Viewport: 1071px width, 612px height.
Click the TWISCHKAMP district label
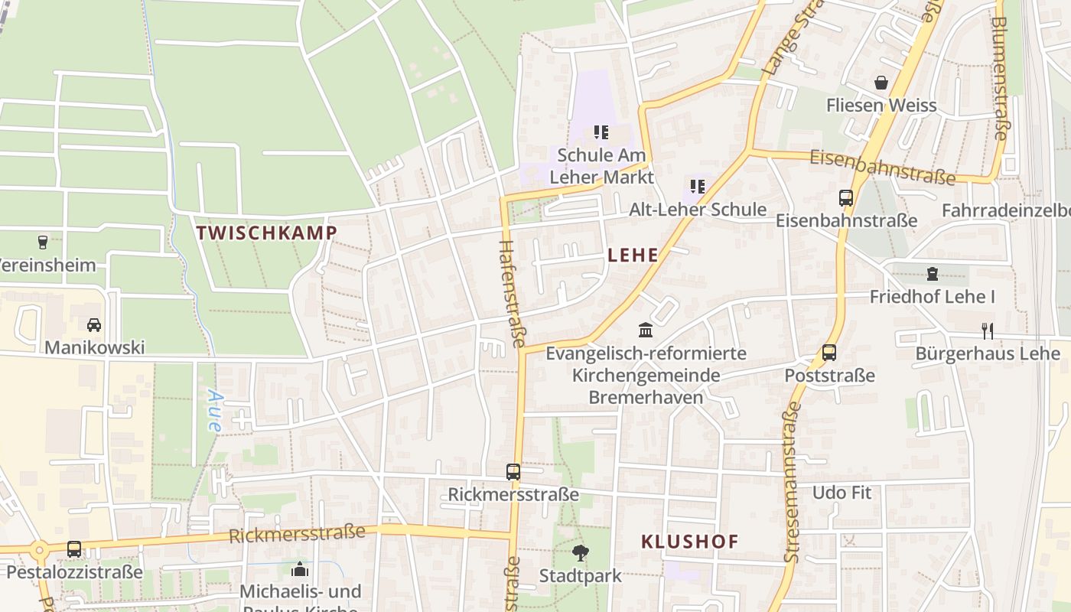(266, 233)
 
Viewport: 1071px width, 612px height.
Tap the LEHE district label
(633, 255)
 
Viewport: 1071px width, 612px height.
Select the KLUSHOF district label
(689, 542)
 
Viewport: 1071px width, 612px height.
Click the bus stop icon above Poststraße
(829, 353)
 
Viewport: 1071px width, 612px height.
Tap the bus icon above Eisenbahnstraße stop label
(846, 198)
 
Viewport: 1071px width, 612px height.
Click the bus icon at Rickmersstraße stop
(513, 472)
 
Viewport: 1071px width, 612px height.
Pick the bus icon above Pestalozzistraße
(74, 549)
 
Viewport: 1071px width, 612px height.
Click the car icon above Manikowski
(94, 325)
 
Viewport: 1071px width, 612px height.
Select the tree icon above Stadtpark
(581, 552)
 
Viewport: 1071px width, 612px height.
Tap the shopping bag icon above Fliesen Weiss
(881, 83)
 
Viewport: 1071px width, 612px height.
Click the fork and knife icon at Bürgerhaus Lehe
(988, 330)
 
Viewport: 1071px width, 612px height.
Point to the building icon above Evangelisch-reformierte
(646, 330)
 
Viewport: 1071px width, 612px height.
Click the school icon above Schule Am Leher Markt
(601, 132)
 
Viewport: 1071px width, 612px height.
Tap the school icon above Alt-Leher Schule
(697, 187)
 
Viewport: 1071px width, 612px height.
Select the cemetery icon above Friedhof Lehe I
(932, 274)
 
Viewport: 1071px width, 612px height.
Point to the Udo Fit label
(841, 492)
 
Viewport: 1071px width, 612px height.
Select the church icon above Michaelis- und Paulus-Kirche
(300, 569)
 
